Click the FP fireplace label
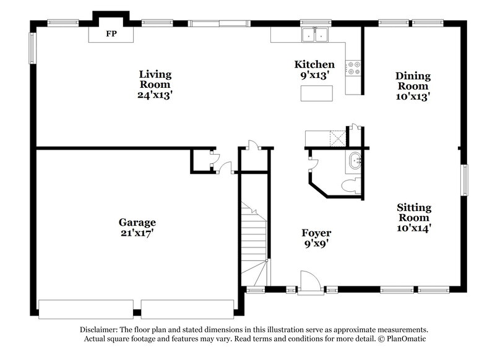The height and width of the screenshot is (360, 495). click(111, 33)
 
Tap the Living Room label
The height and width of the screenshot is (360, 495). click(155, 79)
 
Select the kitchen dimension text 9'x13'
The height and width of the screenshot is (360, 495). click(314, 75)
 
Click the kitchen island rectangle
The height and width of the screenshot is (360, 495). click(316, 93)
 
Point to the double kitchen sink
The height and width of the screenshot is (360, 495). click(315, 35)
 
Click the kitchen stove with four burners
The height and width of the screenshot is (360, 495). click(354, 67)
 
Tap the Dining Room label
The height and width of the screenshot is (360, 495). click(413, 81)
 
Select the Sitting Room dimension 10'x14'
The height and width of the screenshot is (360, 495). click(413, 228)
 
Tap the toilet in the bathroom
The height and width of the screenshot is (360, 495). click(351, 185)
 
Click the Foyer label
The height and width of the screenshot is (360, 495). click(316, 233)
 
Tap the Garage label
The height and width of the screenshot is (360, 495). click(137, 222)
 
